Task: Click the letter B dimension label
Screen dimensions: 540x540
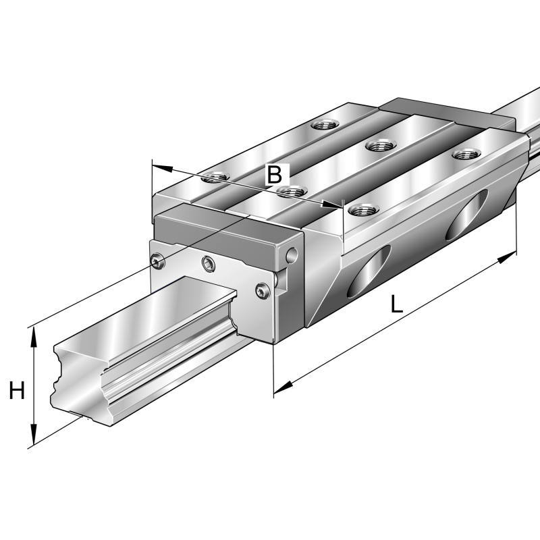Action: click(274, 174)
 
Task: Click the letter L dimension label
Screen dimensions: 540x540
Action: click(397, 304)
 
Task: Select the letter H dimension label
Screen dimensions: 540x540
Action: click(17, 390)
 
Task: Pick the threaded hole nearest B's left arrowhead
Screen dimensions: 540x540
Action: click(215, 178)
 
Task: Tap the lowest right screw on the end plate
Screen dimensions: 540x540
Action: click(263, 290)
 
